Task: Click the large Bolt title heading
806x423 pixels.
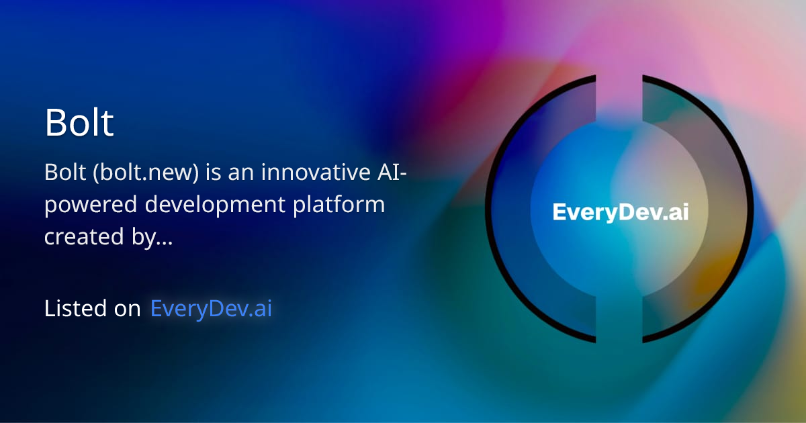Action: click(79, 123)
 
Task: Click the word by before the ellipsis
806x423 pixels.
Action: click(143, 237)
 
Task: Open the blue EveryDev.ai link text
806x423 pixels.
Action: click(211, 308)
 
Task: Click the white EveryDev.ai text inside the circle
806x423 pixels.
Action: click(620, 213)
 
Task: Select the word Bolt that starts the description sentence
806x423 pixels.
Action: click(65, 173)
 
